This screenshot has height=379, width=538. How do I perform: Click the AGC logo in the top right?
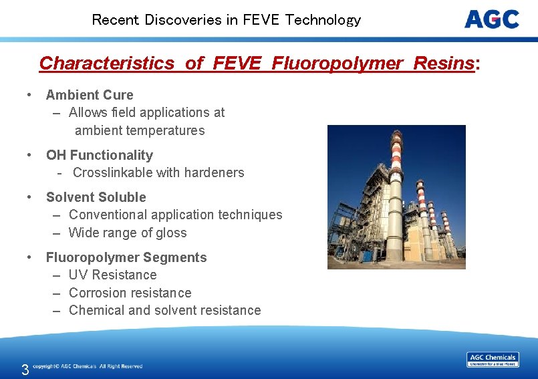coord(492,19)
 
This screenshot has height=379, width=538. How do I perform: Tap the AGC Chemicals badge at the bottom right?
coord(493,360)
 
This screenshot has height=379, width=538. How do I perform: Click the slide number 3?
coord(25,370)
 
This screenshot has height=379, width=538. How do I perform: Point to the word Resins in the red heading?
coord(444,64)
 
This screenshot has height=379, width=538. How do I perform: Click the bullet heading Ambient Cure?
coord(90,95)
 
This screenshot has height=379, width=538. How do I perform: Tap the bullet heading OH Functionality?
coord(100,155)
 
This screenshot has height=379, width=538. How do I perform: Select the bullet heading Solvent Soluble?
coord(96,197)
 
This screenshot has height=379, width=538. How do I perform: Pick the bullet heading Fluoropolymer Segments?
coord(126,257)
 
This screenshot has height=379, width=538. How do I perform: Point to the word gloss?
coord(172,233)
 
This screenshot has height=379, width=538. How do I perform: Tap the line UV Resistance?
coord(112,275)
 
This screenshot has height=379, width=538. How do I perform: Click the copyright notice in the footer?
coord(88,366)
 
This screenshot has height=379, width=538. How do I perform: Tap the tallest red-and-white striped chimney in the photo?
coord(396,180)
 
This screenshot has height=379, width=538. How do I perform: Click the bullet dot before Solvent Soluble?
coord(30,197)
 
